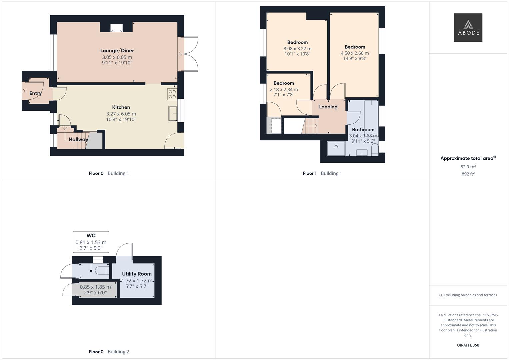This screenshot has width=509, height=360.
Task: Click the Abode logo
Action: (x=468, y=28)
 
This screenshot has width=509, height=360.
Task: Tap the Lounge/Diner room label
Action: (x=117, y=51)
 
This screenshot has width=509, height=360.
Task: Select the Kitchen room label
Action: (x=121, y=107)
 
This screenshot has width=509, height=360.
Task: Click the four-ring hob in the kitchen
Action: (x=172, y=94)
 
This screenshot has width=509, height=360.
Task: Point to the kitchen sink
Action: (x=173, y=113)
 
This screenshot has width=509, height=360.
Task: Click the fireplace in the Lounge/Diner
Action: (x=116, y=28)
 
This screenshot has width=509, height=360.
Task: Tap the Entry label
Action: (x=35, y=93)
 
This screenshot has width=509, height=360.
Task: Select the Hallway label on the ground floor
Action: (x=79, y=139)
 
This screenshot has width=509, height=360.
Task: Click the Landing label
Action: (x=328, y=107)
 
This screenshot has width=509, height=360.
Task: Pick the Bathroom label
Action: (x=363, y=130)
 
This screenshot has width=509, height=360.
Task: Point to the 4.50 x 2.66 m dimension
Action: (x=355, y=53)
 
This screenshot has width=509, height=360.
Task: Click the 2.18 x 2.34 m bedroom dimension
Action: (x=284, y=89)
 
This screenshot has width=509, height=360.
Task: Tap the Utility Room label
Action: (x=137, y=274)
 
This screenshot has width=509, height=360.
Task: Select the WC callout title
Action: (x=91, y=236)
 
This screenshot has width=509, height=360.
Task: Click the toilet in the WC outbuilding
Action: (x=101, y=270)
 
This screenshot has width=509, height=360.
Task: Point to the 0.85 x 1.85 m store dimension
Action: (x=95, y=287)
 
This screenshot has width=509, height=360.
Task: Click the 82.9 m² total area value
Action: (x=468, y=167)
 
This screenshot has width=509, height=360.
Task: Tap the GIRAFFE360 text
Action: (x=468, y=345)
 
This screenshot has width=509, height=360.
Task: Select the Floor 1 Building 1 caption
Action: (x=322, y=173)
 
